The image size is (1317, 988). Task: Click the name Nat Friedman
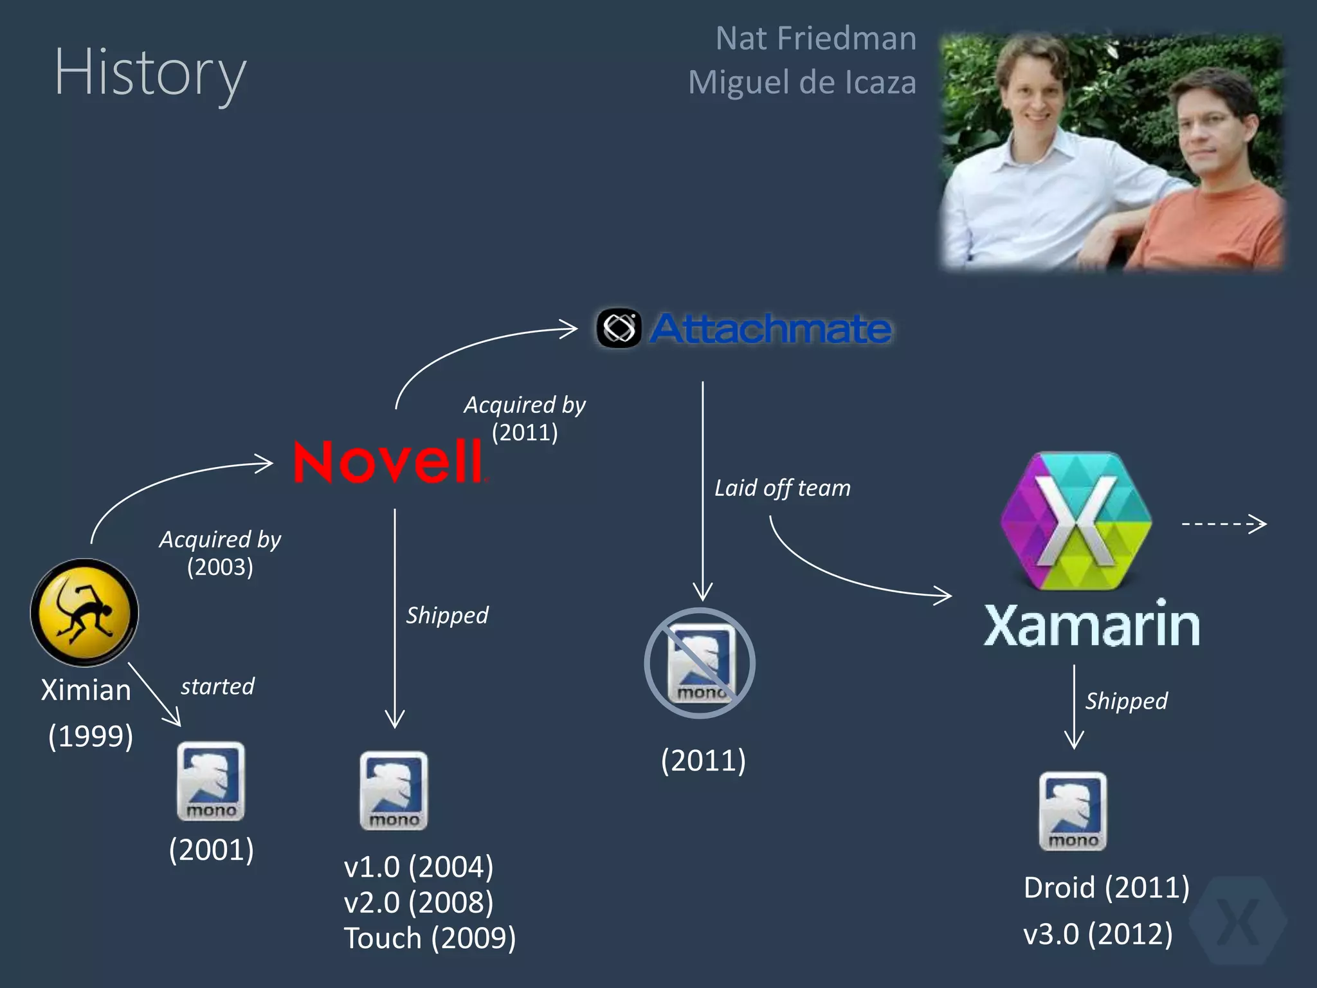pyautogui.click(x=815, y=39)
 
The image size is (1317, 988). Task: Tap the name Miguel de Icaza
pyautogui.click(x=802, y=82)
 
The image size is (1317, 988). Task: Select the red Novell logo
pyautogui.click(x=388, y=462)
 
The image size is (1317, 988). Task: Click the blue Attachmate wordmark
pyautogui.click(x=770, y=329)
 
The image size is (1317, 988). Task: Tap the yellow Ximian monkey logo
pyautogui.click(x=84, y=612)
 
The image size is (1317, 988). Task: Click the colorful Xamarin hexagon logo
pyautogui.click(x=1076, y=521)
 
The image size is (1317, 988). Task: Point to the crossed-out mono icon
pyautogui.click(x=700, y=663)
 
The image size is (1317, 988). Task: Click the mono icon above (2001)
pyautogui.click(x=211, y=781)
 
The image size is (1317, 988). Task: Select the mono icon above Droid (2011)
pyautogui.click(x=1073, y=811)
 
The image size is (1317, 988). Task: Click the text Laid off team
pyautogui.click(x=783, y=488)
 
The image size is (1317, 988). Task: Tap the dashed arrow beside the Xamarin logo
pyautogui.click(x=1224, y=524)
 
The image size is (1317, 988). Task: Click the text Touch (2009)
pyautogui.click(x=430, y=938)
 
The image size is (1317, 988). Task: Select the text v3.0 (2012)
pyautogui.click(x=1098, y=934)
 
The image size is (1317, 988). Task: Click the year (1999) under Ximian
pyautogui.click(x=91, y=736)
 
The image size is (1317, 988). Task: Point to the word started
pyautogui.click(x=217, y=686)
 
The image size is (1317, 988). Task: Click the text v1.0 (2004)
pyautogui.click(x=419, y=867)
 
